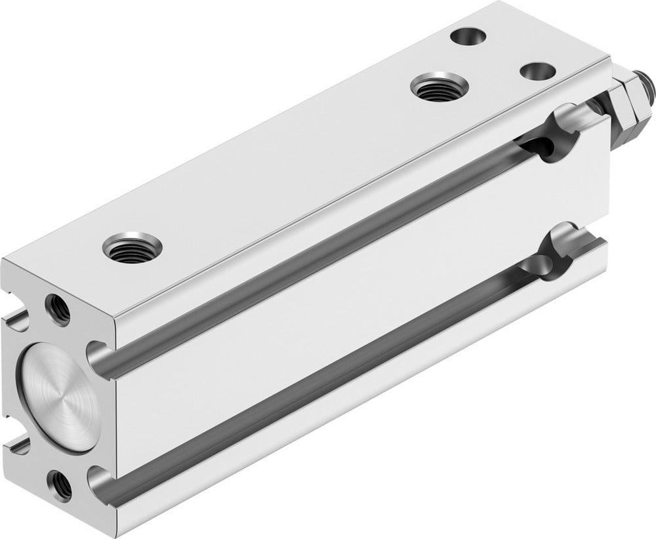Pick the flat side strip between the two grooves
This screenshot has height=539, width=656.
pyautogui.click(x=328, y=308)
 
